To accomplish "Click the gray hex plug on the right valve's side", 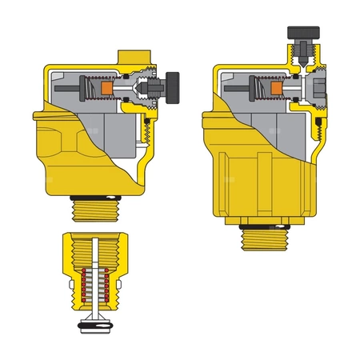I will pyautogui.click(x=322, y=86).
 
